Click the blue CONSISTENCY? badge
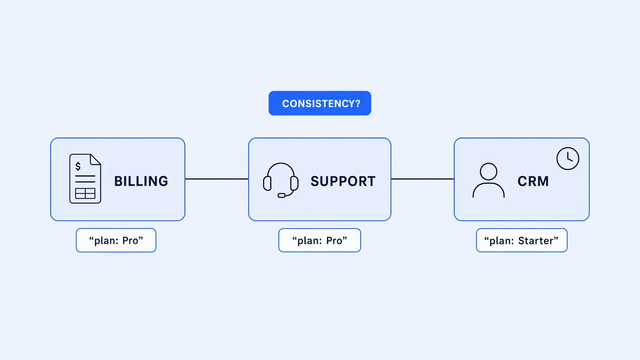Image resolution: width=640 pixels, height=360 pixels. coord(320,103)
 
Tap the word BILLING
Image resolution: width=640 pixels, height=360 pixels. coord(141,181)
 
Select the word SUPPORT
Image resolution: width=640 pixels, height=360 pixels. coord(343,181)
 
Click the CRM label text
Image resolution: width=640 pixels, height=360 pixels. coord(533,181)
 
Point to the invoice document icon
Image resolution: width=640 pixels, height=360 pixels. coord(85,179)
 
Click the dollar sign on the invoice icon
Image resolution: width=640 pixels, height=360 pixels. coord(78,166)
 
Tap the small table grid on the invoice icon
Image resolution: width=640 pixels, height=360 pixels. coord(85,193)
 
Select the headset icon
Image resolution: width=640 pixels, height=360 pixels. coord(280,180)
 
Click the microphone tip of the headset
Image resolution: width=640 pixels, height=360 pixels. coord(281,195)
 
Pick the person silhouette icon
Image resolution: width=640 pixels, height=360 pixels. coord(489,180)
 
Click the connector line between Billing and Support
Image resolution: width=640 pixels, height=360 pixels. coord(217,179)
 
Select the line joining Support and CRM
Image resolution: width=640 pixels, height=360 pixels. coord(422,179)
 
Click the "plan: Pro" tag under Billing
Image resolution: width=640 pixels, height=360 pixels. coord(116,240)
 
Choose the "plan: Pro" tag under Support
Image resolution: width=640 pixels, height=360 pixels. coord(320,240)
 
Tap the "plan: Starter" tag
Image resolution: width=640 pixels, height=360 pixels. coord(522,240)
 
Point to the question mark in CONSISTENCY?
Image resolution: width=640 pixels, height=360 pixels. coord(357,103)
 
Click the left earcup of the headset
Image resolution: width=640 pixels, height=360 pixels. coord(267,183)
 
